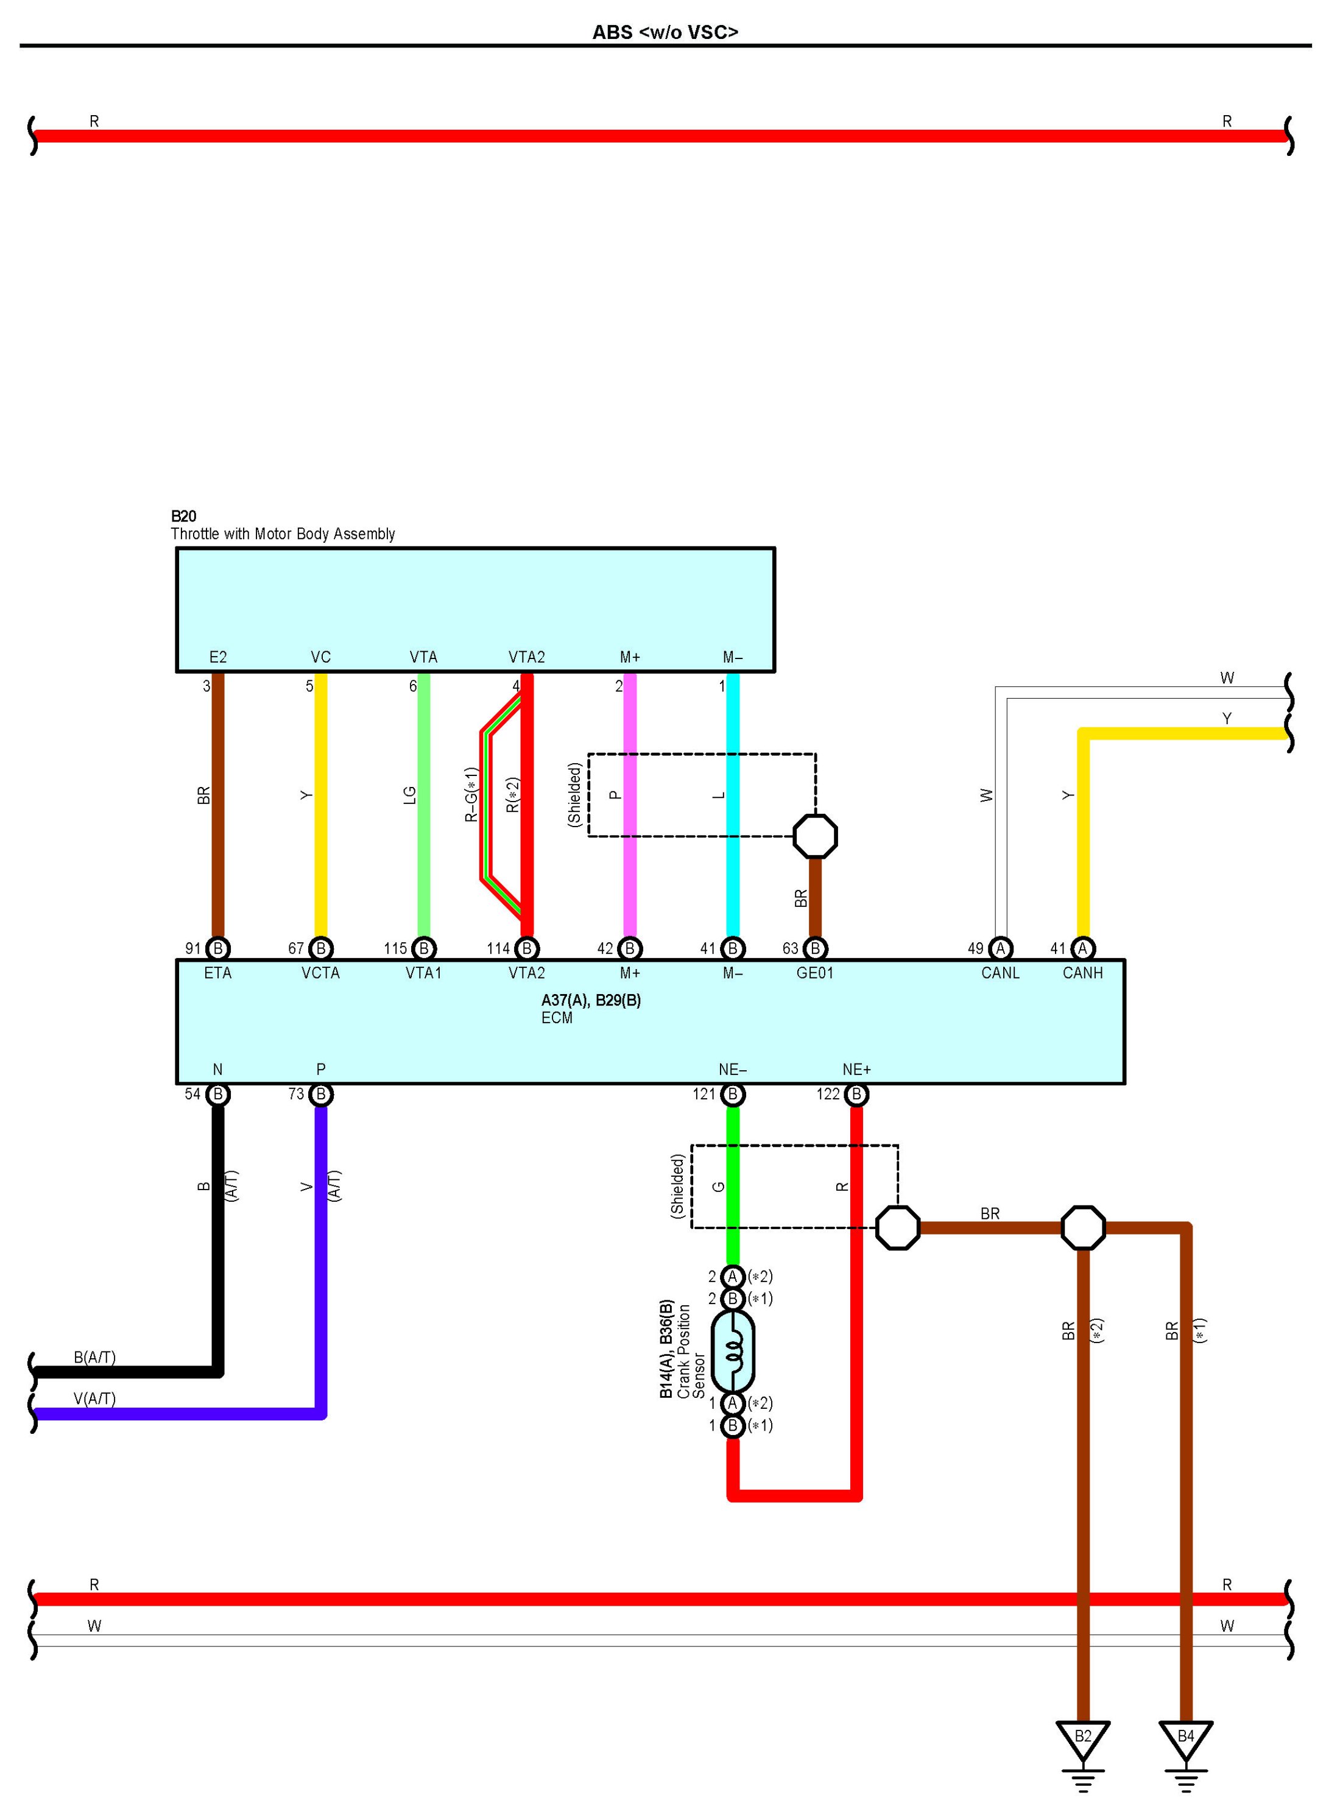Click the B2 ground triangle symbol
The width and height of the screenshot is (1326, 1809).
pos(1083,1738)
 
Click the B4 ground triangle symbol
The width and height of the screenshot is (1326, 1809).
pos(1185,1738)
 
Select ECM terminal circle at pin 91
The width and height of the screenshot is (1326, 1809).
pos(217,948)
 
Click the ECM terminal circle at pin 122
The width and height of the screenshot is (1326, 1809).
pos(856,1095)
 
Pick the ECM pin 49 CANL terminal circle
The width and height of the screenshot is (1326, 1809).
pos(1000,948)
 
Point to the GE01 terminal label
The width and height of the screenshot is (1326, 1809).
pos(815,973)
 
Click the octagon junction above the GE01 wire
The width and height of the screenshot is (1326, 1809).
pos(815,836)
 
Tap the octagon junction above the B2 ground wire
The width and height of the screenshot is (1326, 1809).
pos(1083,1227)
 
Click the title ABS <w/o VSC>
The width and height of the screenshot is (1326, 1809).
pos(665,32)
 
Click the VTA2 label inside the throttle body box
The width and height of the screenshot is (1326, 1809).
pos(526,657)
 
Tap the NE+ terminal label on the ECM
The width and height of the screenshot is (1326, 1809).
pos(856,1070)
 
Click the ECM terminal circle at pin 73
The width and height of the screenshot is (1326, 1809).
pos(321,1095)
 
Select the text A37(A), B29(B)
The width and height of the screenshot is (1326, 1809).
pos(591,1001)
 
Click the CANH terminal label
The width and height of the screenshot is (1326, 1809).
pos(1083,973)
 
